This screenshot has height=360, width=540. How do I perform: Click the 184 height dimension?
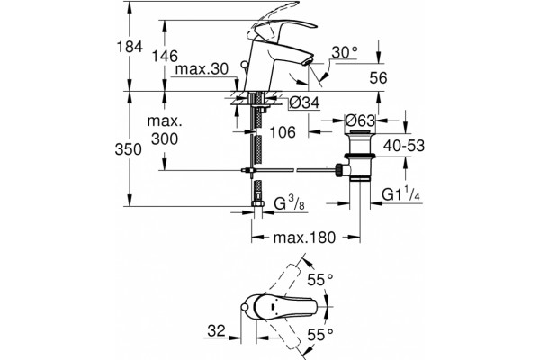[130, 47]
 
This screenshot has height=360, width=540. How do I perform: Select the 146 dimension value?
[166, 56]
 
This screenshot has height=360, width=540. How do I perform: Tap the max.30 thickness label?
[202, 69]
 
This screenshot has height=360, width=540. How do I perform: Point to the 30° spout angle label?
[345, 53]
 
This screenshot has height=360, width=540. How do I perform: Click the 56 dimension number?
[378, 78]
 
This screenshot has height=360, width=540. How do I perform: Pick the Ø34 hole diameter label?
[304, 103]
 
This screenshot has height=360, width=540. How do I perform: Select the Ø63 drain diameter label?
[360, 121]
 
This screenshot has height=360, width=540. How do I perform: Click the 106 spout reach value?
[283, 132]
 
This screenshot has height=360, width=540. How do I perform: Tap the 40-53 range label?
[404, 146]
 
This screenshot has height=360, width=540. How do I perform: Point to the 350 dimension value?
[128, 149]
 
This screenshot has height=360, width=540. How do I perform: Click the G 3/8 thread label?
[289, 204]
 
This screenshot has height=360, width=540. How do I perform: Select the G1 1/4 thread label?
[401, 195]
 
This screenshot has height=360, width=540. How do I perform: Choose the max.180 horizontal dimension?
[304, 238]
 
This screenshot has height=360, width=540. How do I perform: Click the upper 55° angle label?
[320, 280]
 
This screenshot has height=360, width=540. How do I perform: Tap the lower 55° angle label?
[320, 334]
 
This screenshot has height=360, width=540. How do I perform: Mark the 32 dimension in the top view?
[216, 330]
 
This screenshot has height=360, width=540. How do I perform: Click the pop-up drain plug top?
[360, 132]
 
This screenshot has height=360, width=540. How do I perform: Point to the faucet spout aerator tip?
[307, 62]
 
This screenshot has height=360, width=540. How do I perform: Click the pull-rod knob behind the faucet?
[244, 65]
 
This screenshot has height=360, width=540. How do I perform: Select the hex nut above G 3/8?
[256, 204]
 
